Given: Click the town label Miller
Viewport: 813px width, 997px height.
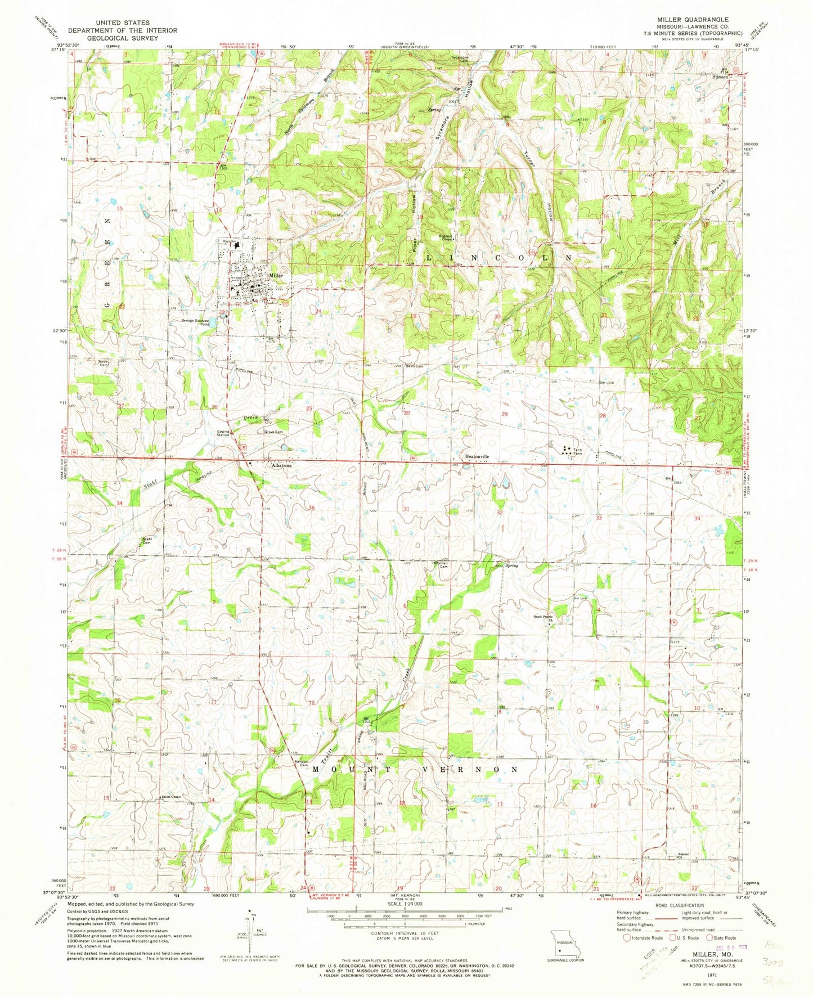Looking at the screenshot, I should pyautogui.click(x=275, y=276).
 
